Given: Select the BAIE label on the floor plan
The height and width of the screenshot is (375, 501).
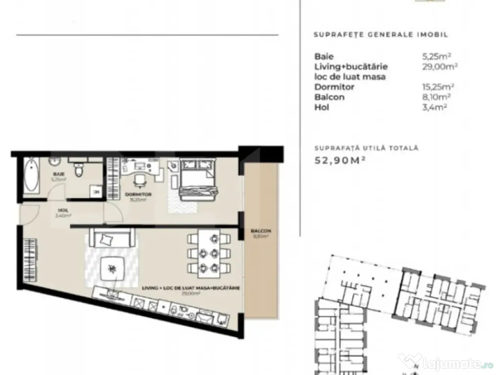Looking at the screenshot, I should [x=59, y=174].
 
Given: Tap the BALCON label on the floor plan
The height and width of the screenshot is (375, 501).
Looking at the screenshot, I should [x=260, y=231].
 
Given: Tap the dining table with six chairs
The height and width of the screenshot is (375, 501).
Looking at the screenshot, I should [x=209, y=252].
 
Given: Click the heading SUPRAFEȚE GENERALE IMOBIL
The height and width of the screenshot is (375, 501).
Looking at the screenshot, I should [x=381, y=35].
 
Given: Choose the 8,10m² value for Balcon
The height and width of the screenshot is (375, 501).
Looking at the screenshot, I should [x=434, y=97].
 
